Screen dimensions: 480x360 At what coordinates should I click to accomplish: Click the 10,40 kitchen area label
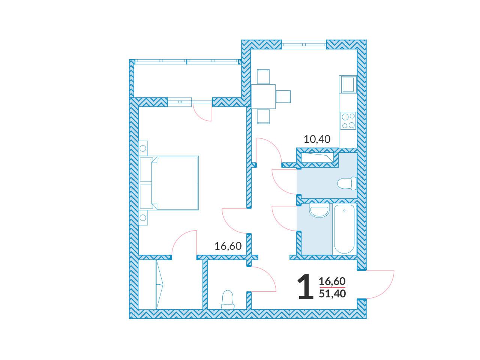tap(317, 139)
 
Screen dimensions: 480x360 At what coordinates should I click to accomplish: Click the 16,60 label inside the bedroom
tap(228, 246)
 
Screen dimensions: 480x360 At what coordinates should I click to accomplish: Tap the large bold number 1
tap(306, 286)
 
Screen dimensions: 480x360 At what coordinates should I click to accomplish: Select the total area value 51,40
tap(332, 294)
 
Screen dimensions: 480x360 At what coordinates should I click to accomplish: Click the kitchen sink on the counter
tap(348, 84)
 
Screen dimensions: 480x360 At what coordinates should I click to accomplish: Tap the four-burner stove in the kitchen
tap(348, 121)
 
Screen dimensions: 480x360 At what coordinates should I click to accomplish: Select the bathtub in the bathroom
tap(344, 229)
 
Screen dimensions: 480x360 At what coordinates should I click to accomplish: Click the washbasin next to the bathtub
tap(319, 210)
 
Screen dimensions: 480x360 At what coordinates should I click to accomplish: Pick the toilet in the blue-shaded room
tap(347, 183)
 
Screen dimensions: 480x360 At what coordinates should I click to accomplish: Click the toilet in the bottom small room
tap(228, 300)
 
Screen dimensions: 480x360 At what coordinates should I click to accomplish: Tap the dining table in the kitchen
tap(263, 96)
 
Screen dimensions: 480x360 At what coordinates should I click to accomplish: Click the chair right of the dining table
tap(283, 96)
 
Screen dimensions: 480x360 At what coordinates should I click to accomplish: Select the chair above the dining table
tap(263, 76)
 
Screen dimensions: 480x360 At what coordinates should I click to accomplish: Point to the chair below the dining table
tap(263, 117)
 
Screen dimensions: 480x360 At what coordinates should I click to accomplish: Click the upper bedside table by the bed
tap(143, 148)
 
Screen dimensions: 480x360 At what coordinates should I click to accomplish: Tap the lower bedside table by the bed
tap(143, 218)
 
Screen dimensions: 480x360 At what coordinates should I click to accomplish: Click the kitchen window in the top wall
tap(304, 45)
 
